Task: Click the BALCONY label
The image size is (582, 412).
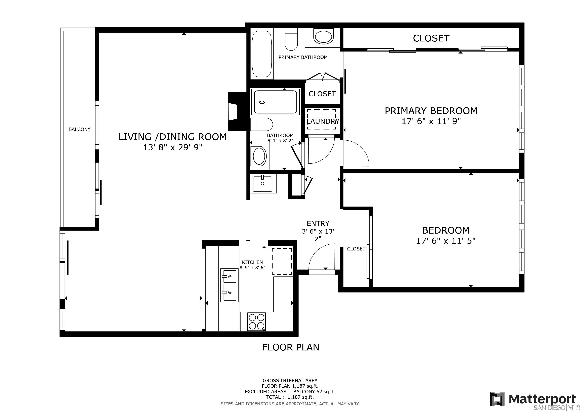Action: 79,129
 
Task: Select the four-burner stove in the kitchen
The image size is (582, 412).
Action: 256,321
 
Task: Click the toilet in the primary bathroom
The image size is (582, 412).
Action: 291,39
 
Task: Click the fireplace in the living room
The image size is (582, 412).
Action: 237,112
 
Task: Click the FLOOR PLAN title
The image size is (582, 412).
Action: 291,347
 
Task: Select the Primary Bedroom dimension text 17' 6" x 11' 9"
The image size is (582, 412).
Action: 431,122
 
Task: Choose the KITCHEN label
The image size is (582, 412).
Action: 252,262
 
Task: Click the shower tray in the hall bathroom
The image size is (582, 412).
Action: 275,102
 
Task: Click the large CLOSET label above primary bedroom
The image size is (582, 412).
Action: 431,38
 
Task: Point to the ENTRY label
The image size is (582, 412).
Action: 318,224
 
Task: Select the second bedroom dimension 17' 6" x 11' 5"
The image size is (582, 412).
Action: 446,241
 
